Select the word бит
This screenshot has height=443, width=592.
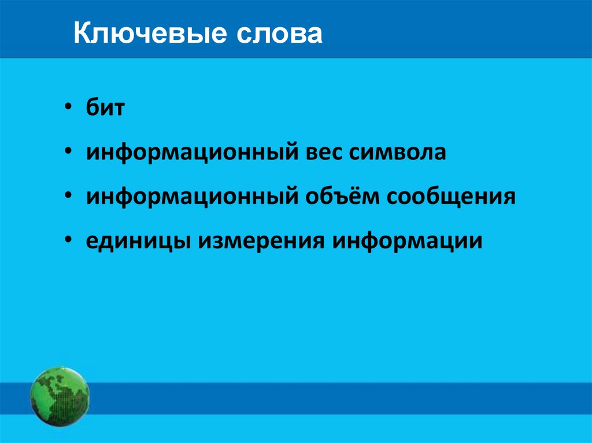[x=105, y=108]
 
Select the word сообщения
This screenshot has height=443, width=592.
[x=451, y=196]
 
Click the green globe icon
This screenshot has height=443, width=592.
[x=60, y=397]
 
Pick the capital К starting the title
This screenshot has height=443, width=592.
[x=80, y=34]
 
